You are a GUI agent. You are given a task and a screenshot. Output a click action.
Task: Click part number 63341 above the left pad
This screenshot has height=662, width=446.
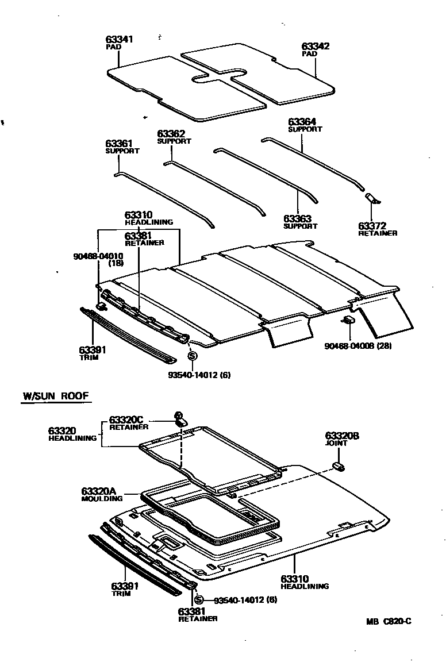tap(120, 39)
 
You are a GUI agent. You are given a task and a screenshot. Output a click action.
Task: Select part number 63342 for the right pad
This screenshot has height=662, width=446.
tap(316, 46)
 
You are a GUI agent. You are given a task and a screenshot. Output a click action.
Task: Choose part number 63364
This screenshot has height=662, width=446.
tap(302, 122)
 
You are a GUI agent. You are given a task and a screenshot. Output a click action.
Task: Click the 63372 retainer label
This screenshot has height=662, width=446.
tap(372, 226)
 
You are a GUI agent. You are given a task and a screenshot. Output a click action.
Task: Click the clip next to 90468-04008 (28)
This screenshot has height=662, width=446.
tap(349, 320)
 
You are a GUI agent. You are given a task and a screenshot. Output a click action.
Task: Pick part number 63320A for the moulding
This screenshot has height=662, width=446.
tap(99, 491)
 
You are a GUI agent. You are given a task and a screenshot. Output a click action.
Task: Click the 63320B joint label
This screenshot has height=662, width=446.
tap(342, 436)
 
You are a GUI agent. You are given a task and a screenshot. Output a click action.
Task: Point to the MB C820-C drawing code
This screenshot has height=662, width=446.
tap(390, 621)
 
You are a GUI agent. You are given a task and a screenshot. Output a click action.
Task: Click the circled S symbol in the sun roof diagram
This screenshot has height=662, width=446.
tap(199, 600)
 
